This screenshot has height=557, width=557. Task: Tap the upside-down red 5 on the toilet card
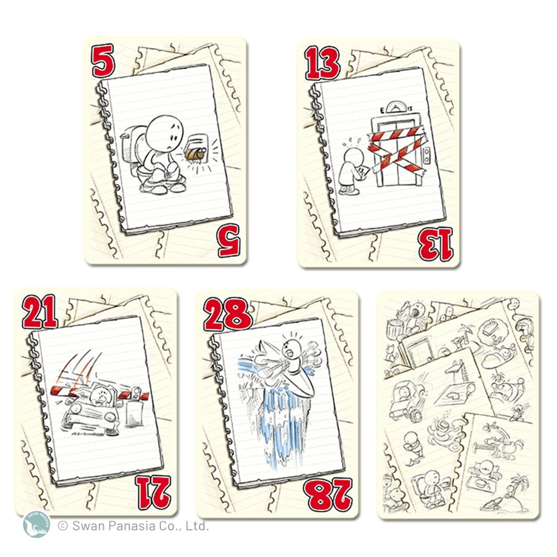click(229, 241)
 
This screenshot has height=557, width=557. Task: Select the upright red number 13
click(322, 63)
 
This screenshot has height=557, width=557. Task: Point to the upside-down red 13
click(436, 245)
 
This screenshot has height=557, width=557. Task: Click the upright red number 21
click(40, 312)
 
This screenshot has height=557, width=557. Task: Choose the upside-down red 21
click(154, 493)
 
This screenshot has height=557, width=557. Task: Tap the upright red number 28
click(228, 315)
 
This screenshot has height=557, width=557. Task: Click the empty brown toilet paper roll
click(194, 154)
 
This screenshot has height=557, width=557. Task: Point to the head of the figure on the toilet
click(165, 133)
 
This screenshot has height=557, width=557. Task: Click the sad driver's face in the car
click(100, 395)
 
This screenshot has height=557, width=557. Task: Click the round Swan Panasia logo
click(36, 525)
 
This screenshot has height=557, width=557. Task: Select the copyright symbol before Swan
click(62, 525)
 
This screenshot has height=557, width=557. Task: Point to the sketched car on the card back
click(407, 399)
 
